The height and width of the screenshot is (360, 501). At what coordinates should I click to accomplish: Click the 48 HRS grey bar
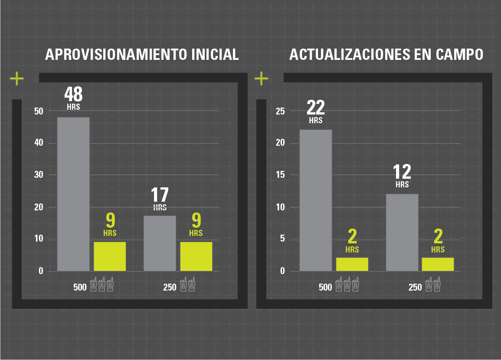point(73,194)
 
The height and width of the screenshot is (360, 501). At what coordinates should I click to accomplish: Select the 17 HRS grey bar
point(160,243)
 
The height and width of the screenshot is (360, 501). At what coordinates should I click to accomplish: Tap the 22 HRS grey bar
point(316,200)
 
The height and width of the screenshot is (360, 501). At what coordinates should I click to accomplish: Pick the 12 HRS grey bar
point(402,232)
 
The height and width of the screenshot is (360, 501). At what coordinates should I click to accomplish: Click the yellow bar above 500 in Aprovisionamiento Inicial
point(110,256)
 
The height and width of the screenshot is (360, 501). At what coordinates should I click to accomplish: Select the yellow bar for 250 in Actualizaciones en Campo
point(438,264)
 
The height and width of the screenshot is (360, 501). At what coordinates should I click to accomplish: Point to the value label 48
point(73,94)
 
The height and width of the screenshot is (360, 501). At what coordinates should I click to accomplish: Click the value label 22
point(316,107)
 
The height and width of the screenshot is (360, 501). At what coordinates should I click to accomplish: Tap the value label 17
point(160,195)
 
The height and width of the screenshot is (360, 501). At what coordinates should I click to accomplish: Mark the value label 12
point(402,172)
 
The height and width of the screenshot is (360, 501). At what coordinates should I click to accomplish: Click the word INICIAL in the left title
point(215,55)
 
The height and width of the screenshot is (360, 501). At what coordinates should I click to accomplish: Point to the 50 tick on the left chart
point(39,111)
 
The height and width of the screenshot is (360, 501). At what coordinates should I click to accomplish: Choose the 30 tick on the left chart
point(39,175)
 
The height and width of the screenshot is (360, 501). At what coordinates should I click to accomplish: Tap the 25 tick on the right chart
point(280,111)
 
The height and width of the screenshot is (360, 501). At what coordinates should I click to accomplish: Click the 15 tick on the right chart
point(280,175)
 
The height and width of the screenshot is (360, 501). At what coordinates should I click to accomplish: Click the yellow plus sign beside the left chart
point(17,79)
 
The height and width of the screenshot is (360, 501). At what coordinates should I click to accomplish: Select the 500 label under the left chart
point(80,287)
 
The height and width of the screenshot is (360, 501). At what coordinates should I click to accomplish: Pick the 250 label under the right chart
point(415,287)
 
